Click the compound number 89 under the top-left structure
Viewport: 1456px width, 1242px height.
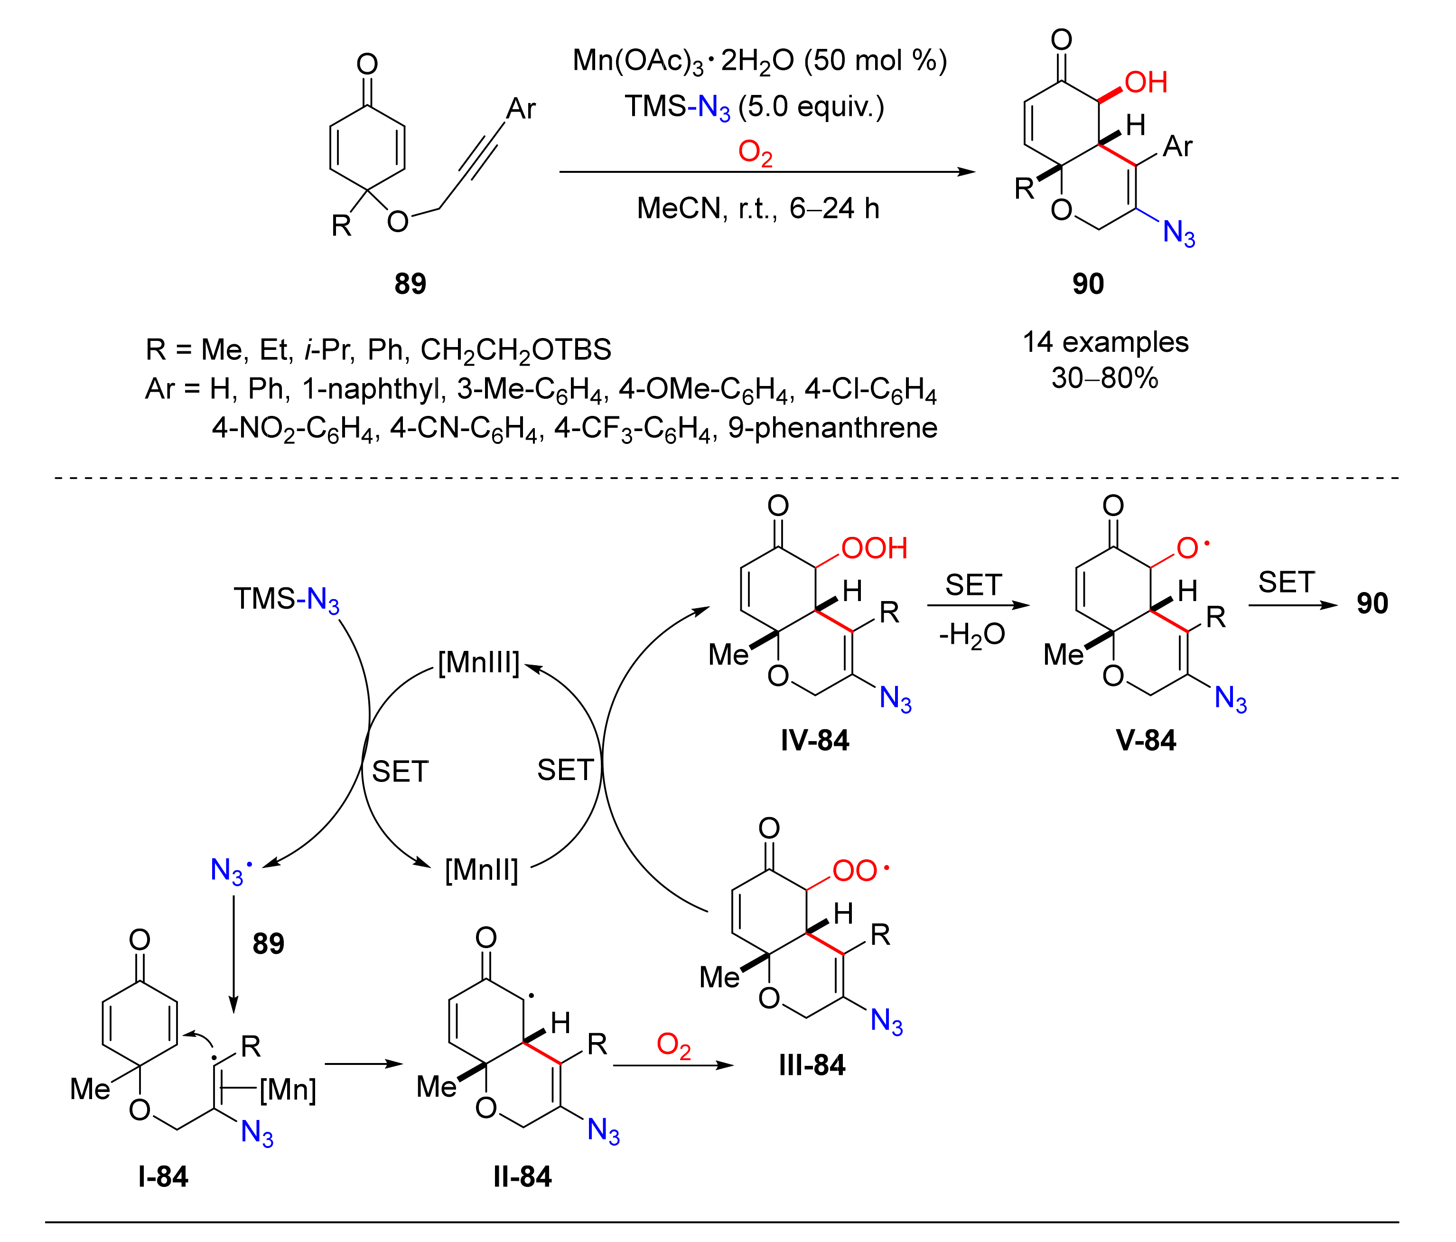click(411, 284)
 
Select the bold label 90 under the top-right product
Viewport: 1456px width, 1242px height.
click(1088, 284)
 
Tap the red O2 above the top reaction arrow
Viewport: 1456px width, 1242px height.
click(756, 153)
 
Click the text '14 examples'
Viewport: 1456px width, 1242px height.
click(1105, 342)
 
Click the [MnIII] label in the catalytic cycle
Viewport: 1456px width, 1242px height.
click(478, 662)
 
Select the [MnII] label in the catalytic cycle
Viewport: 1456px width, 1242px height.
click(481, 870)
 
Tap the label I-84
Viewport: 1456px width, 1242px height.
click(163, 1176)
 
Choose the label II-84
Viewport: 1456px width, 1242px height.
click(522, 1176)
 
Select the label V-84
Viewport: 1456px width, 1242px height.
click(1146, 741)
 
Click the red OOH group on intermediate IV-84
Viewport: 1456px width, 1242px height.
click(874, 549)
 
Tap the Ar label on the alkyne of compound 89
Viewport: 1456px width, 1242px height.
click(521, 109)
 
